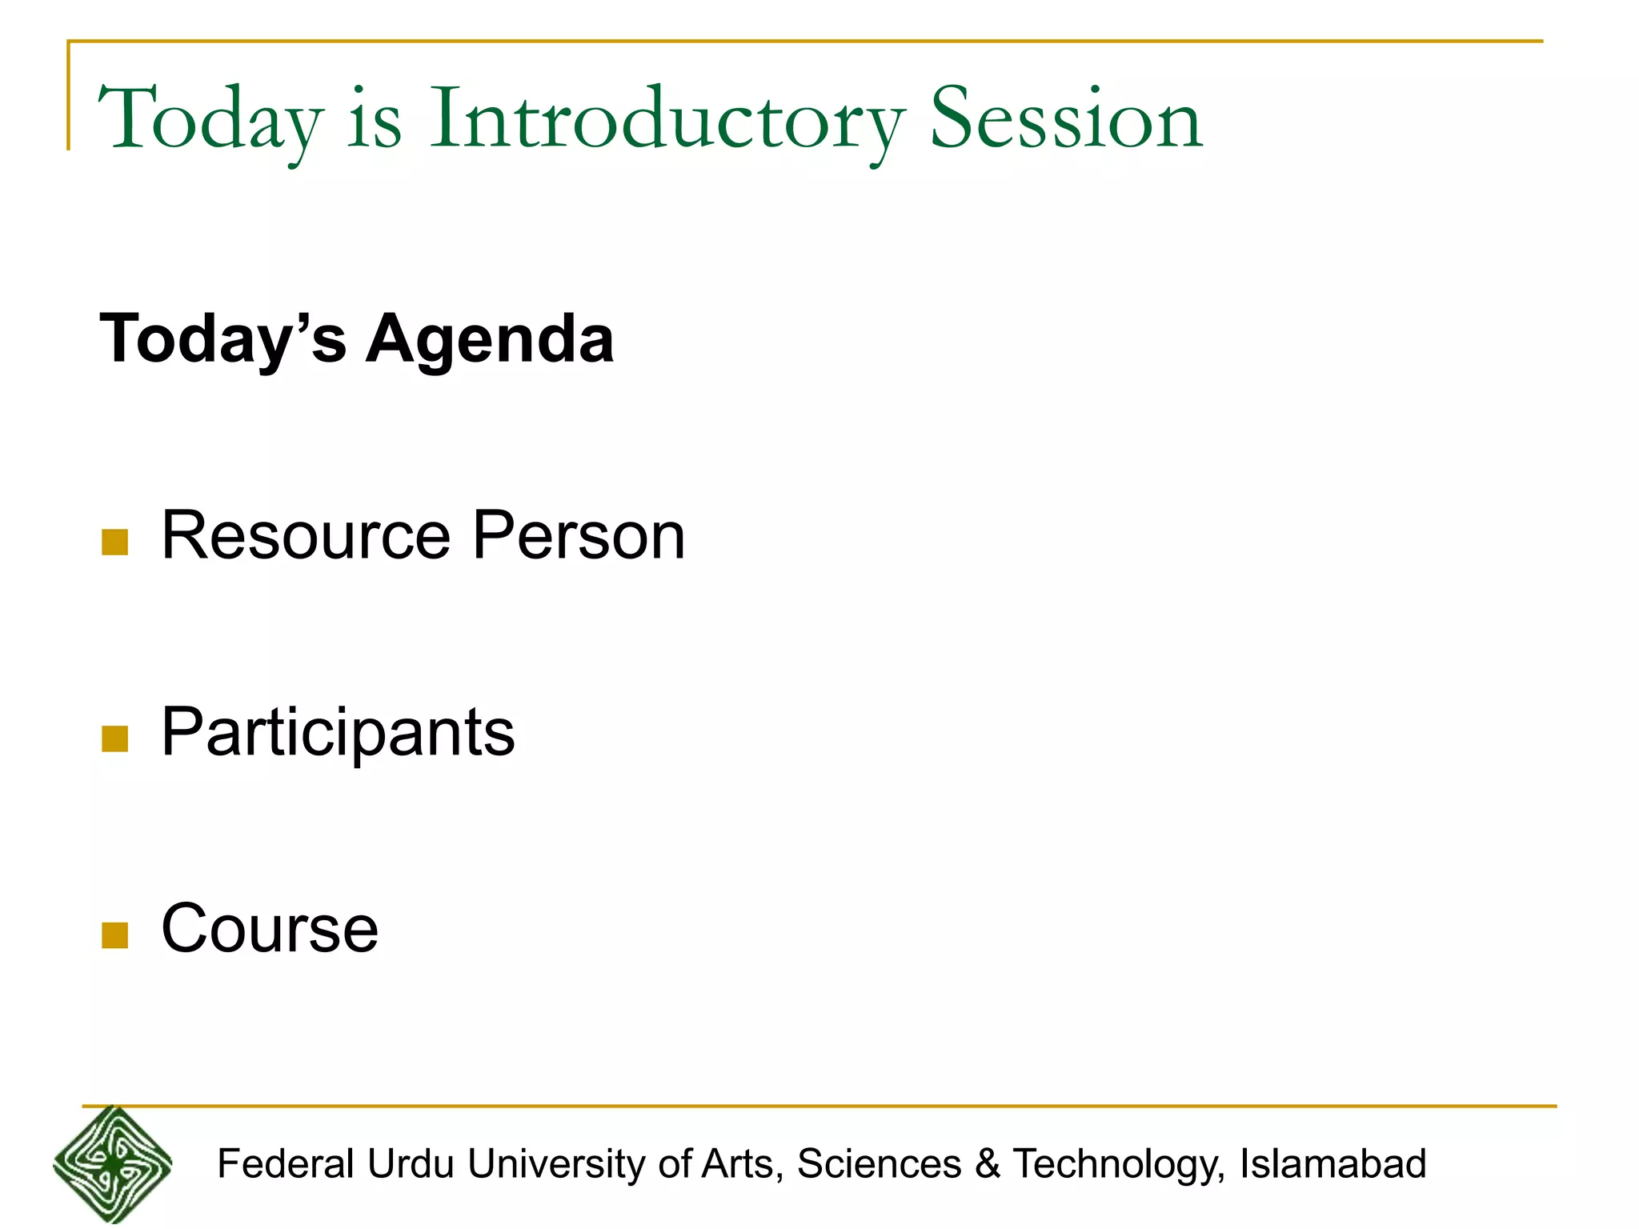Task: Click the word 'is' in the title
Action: point(374,120)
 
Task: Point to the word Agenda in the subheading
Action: point(490,339)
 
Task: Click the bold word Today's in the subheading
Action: point(223,339)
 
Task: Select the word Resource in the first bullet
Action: point(306,535)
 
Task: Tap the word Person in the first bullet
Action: point(579,535)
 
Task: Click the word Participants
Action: point(338,732)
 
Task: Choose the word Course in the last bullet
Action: point(270,928)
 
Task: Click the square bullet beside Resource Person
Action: point(115,542)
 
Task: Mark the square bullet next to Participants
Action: point(115,739)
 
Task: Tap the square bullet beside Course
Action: point(115,935)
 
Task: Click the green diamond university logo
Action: point(113,1164)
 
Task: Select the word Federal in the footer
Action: point(286,1164)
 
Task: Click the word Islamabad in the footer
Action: point(1332,1164)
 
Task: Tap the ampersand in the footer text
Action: point(988,1164)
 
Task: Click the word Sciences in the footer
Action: point(879,1164)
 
